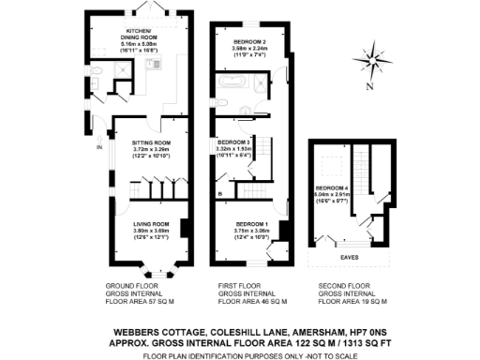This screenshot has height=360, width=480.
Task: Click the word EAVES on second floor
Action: tap(352, 252)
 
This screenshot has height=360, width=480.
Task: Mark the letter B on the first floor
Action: tap(218, 194)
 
